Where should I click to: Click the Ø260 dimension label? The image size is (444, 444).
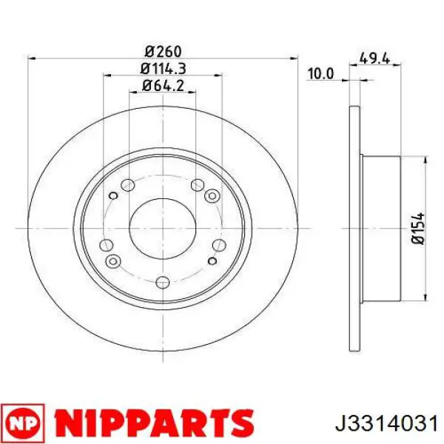(163, 52)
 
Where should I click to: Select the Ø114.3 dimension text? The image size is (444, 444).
(163, 69)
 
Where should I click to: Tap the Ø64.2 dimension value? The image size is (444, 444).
(163, 86)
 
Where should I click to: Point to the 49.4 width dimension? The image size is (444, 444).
(374, 58)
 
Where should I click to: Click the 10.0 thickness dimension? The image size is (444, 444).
(321, 74)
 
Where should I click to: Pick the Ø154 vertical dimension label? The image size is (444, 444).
(419, 228)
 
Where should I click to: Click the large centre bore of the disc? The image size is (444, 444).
(163, 228)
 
